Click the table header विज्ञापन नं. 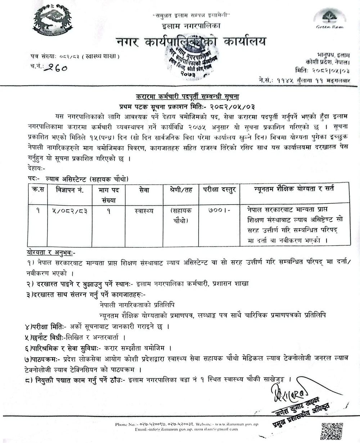(x=70, y=190)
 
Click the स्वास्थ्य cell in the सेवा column (x=143, y=211)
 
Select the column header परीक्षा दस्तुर (x=219, y=190)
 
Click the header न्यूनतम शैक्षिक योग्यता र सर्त (x=294, y=189)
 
